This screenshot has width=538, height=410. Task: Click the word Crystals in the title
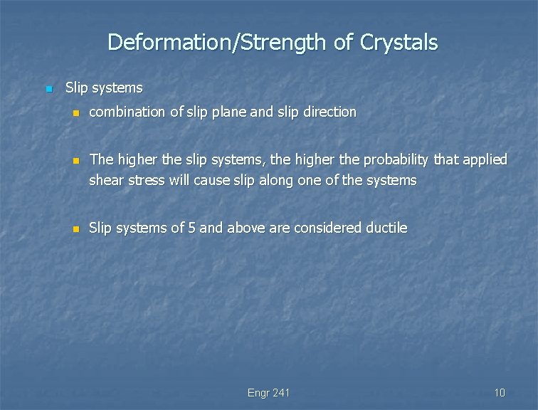[x=399, y=43]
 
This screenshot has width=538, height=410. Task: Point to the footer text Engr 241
[x=268, y=393]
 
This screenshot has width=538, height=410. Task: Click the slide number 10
[x=499, y=393]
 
